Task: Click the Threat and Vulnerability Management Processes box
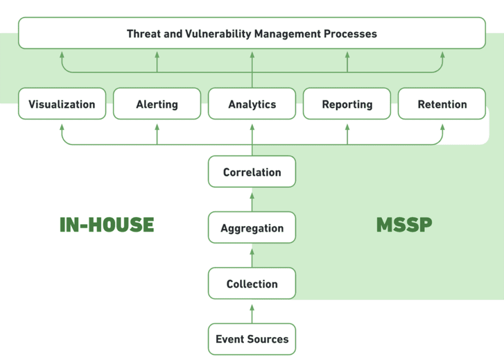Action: [252, 33]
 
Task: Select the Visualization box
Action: [62, 104]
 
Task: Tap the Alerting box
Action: [157, 104]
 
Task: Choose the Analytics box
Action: [252, 104]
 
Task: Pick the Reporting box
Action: [347, 104]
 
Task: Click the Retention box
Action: [442, 104]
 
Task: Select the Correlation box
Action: [252, 172]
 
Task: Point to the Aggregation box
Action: [252, 228]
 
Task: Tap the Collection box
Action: [252, 284]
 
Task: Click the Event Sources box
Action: [252, 339]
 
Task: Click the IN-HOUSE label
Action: [107, 224]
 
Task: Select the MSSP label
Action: [404, 224]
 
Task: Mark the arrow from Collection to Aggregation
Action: [252, 256]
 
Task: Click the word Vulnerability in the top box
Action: [215, 33]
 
